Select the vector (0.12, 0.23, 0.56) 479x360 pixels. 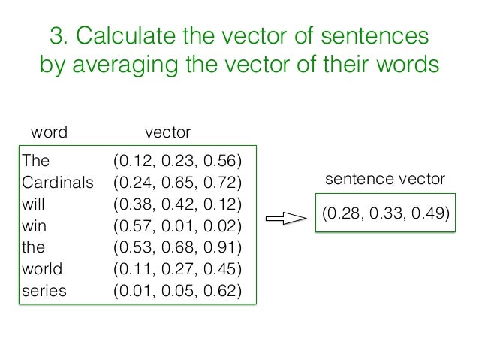point(177,161)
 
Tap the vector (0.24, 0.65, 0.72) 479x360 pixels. point(177,183)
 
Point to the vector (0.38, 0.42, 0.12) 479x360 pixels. point(177,204)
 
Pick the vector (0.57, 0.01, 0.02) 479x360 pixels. point(177,226)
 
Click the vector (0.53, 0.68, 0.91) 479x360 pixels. point(177,247)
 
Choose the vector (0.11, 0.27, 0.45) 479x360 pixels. point(177,269)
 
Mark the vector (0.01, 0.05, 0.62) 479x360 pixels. point(177,291)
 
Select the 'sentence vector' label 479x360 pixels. point(384,180)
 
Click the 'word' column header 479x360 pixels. point(49,133)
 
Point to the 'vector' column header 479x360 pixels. point(167,133)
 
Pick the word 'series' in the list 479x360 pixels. point(44,291)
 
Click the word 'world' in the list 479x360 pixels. point(42,269)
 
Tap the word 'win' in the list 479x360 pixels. point(34,226)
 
